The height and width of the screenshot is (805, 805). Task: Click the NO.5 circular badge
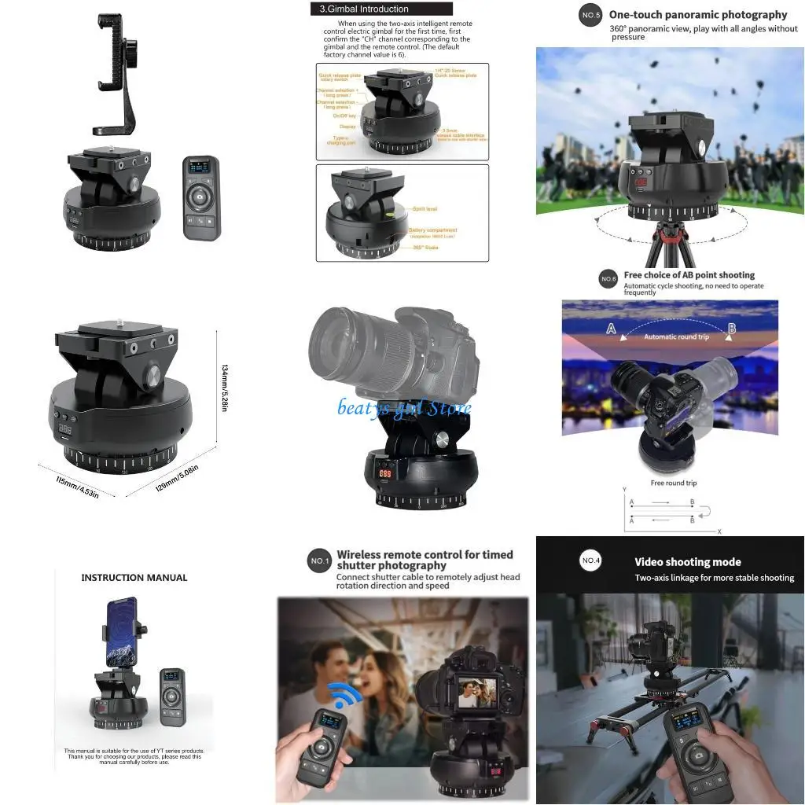[590, 15]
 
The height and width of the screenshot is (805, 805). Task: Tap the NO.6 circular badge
[608, 279]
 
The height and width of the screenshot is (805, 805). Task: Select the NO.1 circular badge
[319, 561]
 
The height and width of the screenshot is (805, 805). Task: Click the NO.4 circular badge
[591, 561]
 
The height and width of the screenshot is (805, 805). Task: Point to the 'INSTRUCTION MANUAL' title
[134, 578]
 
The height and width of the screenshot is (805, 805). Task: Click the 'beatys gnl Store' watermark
[405, 407]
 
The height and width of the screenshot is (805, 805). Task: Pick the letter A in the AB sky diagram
[611, 329]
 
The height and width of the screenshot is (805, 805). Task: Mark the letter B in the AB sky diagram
[731, 328]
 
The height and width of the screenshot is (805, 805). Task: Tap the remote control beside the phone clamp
[201, 197]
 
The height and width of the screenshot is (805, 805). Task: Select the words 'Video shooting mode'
[688, 562]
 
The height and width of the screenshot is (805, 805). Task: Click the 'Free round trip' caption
[673, 483]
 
